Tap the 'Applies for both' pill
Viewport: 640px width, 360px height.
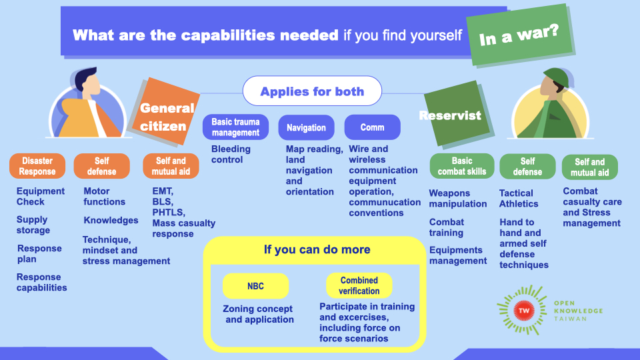[x=312, y=91]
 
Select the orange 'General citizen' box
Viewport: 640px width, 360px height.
[x=167, y=116]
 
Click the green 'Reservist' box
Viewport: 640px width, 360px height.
[x=450, y=115]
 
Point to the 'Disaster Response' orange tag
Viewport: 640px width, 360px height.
[x=37, y=166]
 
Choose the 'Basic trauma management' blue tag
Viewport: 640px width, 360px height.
[x=235, y=127]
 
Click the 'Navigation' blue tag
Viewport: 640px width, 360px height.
[x=306, y=127]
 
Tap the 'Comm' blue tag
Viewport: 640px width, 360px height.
[x=372, y=127]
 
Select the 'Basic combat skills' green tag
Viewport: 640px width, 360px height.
[x=461, y=166]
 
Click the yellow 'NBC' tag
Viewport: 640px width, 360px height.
[x=255, y=285]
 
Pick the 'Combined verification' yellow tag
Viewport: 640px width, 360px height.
[x=359, y=285]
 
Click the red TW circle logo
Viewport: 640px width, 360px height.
[x=525, y=311]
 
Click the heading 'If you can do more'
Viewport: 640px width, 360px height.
[x=317, y=250]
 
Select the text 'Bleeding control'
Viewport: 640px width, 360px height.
[x=231, y=155]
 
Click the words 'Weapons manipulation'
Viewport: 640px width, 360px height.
[x=457, y=199]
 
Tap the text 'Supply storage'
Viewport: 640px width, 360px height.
[x=33, y=225]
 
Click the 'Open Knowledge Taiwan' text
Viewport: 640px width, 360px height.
[x=578, y=311]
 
